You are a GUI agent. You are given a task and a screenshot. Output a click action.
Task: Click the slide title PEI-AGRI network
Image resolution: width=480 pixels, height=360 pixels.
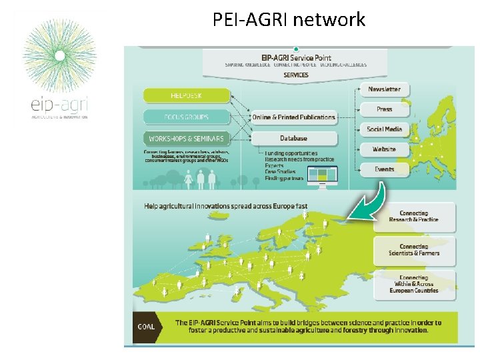pos(289,19)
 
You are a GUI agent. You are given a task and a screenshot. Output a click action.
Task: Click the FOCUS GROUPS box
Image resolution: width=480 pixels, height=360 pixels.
pos(186,117)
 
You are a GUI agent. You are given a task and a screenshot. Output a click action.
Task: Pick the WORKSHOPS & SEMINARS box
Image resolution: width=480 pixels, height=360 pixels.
pos(186,139)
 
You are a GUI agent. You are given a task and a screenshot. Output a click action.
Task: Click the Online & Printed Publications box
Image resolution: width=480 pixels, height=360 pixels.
pos(293,117)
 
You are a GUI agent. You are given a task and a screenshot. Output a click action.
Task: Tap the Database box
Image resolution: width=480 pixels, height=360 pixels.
pos(293,139)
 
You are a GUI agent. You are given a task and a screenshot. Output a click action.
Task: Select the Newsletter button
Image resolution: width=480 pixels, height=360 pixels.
pos(385,89)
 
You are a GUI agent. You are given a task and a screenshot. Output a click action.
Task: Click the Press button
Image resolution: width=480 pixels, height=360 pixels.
pos(385,109)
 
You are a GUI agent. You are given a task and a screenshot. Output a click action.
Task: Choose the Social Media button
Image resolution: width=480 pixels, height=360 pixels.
pos(385,129)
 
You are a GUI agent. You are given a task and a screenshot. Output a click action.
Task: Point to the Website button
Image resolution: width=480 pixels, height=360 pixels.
pos(385,149)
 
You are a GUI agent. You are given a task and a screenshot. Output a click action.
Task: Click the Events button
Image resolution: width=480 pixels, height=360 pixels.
pos(385,169)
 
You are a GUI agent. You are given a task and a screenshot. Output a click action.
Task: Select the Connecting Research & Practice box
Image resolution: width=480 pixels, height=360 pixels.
pos(414,217)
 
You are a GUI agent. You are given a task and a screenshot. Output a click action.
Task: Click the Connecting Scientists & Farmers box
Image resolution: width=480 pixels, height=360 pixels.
pos(414,250)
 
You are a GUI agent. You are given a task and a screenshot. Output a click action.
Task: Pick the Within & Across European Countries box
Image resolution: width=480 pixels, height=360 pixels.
pos(414,284)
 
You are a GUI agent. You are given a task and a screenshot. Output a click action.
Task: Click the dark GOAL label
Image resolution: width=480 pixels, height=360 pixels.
pos(147,327)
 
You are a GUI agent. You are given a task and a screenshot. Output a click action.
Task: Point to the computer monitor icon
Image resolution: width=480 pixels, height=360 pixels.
pos(323,175)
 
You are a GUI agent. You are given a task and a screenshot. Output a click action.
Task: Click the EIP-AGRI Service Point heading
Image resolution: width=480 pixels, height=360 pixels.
pos(296,58)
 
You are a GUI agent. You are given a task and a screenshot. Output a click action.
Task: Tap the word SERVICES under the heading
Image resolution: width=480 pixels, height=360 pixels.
pos(296,75)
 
